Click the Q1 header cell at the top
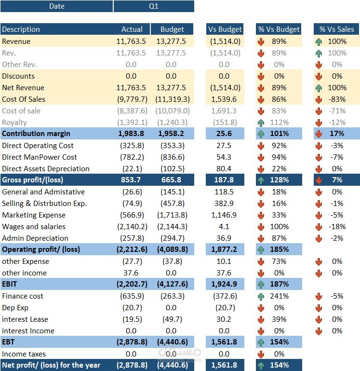coord(153,6)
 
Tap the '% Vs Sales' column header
coord(336,29)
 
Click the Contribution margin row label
coord(36,134)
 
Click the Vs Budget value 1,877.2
coord(224,249)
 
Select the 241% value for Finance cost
coord(279,296)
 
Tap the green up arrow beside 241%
coord(261,296)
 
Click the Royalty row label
coord(14,122)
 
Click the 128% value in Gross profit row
coord(279,180)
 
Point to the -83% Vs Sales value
coord(336,99)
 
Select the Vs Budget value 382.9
coord(224,203)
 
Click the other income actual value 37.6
coord(136,273)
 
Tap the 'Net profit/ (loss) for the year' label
coord(51,365)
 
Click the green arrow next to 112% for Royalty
coord(261,122)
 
